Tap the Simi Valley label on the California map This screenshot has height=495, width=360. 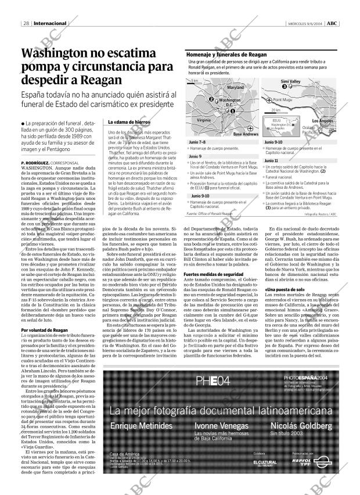290,81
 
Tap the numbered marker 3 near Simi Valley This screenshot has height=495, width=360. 276,87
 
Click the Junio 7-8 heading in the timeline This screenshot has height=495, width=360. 197,142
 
